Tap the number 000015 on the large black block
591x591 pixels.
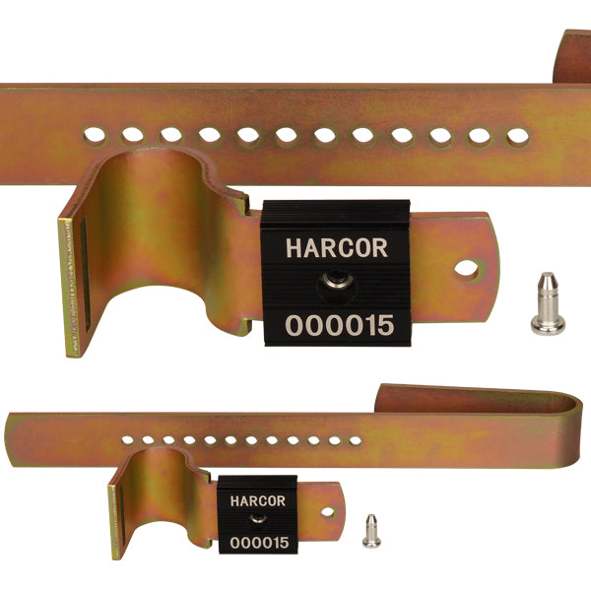338,325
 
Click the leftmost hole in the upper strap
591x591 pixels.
96,130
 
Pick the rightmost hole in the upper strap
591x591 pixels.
516,138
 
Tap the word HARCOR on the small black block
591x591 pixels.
257,500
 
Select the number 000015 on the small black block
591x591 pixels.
258,543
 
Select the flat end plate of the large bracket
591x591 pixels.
73,286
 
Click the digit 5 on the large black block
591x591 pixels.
383,325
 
